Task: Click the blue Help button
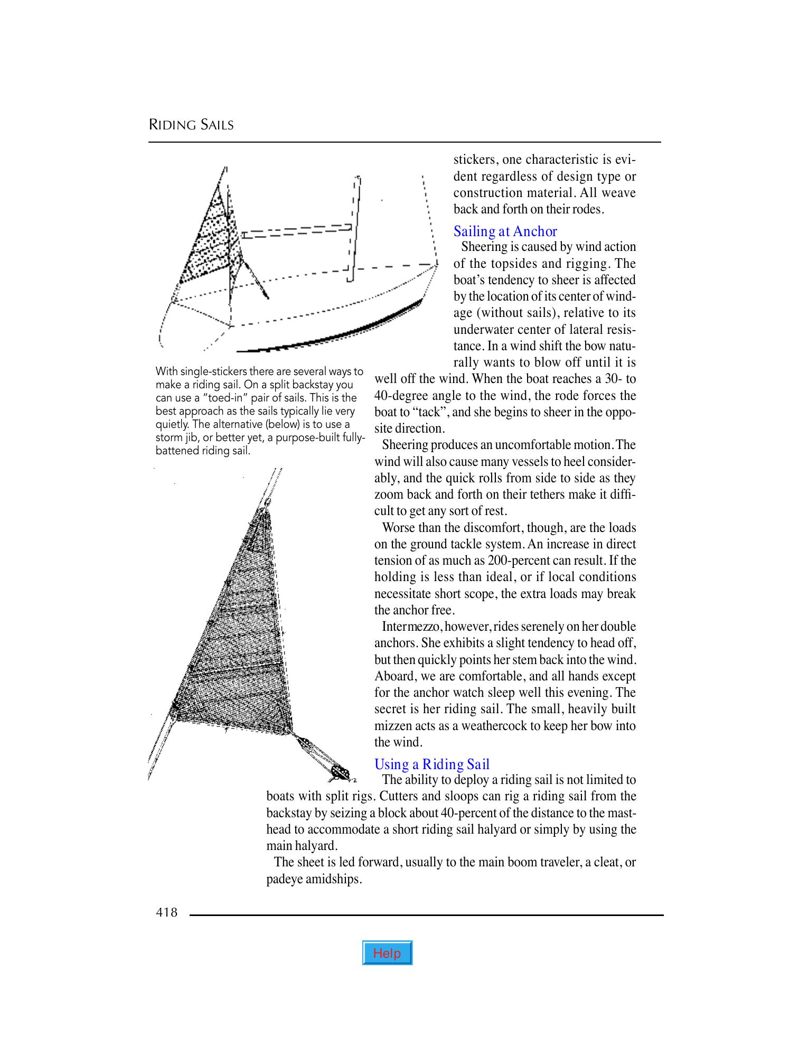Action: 387,953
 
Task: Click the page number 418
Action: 167,912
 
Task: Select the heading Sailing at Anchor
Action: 505,231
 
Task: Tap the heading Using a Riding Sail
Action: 431,764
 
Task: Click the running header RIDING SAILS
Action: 191,125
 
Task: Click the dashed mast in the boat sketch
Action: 354,227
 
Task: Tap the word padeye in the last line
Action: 285,880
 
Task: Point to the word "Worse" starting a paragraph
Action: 397,528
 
